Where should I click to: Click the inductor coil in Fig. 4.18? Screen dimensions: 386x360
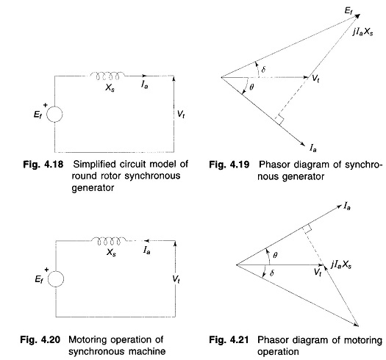coord(107,76)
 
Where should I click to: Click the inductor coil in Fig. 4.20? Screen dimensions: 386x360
coord(109,241)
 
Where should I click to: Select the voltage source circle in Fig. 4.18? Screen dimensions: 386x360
coord(54,115)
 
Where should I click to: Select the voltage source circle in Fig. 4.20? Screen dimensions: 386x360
coord(56,279)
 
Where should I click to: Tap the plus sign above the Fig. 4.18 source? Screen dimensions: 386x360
coord(45,105)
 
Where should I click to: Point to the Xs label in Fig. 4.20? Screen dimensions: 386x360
coord(111,253)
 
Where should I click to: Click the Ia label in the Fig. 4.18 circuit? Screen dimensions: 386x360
coord(145,84)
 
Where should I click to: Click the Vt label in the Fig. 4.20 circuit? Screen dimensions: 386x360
coord(176,279)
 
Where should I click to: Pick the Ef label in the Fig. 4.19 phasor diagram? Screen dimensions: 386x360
coord(349,11)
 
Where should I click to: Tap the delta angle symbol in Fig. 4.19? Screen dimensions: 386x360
coord(263,69)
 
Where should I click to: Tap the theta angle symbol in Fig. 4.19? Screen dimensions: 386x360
coord(251,87)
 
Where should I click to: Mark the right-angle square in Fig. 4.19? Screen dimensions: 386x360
coord(279,120)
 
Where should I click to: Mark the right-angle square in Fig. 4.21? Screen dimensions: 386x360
coord(307,228)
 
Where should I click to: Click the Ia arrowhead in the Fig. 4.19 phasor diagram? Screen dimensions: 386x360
coord(302,143)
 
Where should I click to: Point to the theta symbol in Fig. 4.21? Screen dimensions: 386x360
coord(275,255)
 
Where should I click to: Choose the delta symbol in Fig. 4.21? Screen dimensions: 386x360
coord(272,273)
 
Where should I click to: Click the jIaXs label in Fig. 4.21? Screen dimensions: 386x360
coord(341,264)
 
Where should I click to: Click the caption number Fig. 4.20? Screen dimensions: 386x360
coord(40,340)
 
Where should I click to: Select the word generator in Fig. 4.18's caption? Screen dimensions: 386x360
coord(93,188)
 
